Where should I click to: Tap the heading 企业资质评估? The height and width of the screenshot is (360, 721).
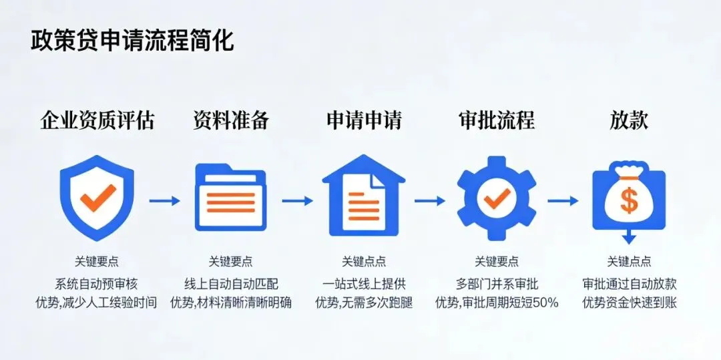click(x=97, y=120)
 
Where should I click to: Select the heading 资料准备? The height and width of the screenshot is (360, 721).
click(x=231, y=120)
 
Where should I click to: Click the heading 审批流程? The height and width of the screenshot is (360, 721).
click(x=497, y=120)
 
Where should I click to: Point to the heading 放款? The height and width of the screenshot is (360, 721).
click(x=629, y=120)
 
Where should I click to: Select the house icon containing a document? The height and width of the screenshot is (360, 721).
click(x=363, y=198)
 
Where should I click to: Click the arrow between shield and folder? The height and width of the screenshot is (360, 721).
click(x=164, y=200)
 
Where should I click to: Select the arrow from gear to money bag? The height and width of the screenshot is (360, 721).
click(x=563, y=200)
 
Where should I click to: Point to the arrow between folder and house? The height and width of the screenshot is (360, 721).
click(x=297, y=200)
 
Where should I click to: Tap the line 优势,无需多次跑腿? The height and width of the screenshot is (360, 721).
click(x=364, y=303)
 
